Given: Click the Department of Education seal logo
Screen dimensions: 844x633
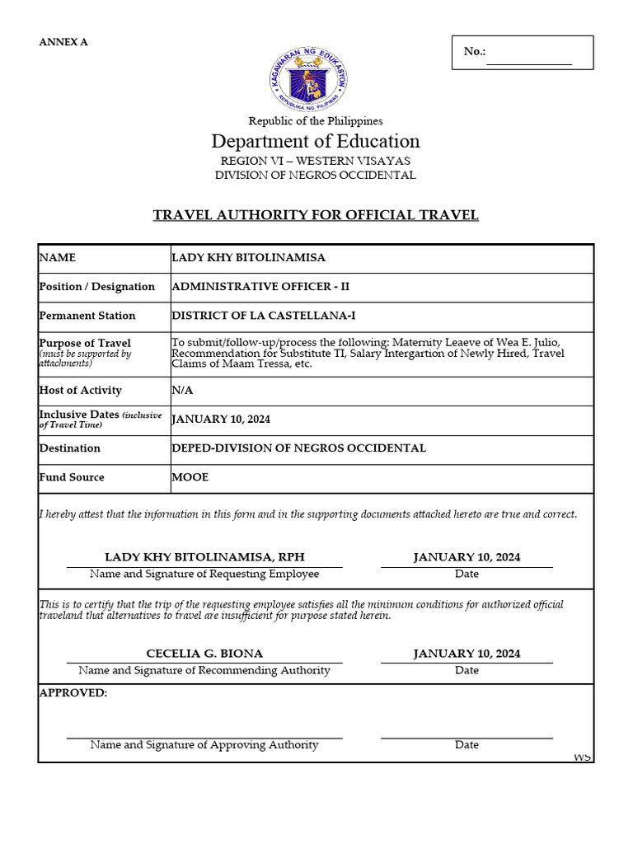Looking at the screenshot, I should click(x=307, y=79).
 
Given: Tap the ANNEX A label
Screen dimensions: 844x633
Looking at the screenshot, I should click(x=63, y=42).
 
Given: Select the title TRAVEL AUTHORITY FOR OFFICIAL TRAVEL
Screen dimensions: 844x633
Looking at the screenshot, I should click(x=316, y=215).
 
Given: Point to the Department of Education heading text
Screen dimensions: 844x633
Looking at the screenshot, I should click(x=316, y=141).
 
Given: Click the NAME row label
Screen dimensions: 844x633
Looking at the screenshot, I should click(x=58, y=258).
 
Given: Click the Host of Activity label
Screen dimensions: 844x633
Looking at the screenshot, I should click(x=80, y=391).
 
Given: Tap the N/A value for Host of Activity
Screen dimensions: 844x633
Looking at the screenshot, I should click(x=182, y=391).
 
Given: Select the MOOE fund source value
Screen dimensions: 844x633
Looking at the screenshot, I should click(x=190, y=477).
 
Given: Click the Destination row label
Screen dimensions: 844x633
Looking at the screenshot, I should click(x=70, y=448).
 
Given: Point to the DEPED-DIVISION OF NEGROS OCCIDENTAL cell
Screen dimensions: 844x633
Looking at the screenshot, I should click(x=298, y=448).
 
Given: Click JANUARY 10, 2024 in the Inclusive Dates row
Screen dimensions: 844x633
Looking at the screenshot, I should click(x=221, y=420).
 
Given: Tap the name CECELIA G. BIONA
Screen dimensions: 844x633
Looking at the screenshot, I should click(x=204, y=654).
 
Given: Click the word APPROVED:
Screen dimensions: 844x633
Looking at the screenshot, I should click(x=73, y=693).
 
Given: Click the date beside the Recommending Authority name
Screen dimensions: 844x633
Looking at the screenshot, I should click(x=467, y=654).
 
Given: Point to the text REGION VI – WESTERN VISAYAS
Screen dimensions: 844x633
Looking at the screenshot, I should click(x=316, y=161).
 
